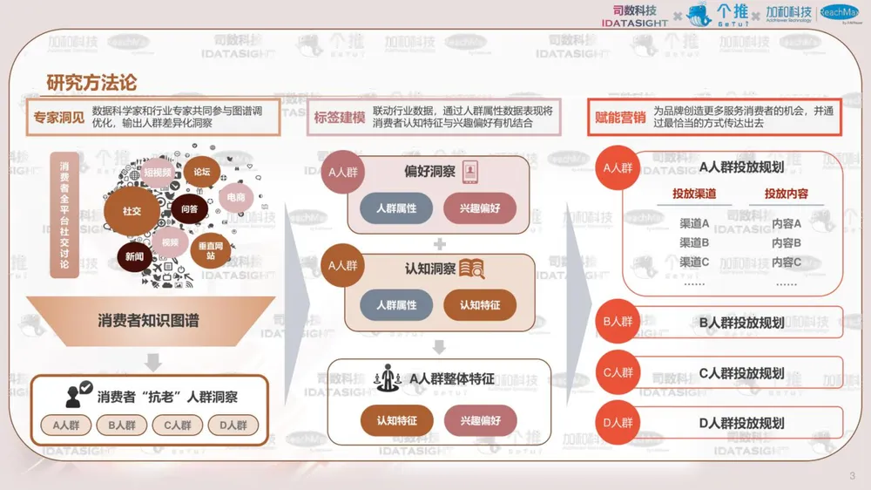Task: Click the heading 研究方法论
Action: [91, 83]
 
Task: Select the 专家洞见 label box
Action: [59, 117]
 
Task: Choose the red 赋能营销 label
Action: [620, 117]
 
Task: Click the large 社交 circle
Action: [132, 211]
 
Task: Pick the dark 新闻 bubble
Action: [135, 256]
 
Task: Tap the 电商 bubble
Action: [236, 198]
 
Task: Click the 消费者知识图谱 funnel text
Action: [148, 320]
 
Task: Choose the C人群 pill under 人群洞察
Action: [177, 425]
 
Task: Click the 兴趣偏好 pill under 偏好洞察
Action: [480, 208]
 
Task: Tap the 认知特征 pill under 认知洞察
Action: [480, 305]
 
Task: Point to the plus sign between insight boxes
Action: [440, 243]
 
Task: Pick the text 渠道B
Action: [694, 242]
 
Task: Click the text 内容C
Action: [787, 262]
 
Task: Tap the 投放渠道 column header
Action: [694, 194]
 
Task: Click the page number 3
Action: [852, 475]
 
